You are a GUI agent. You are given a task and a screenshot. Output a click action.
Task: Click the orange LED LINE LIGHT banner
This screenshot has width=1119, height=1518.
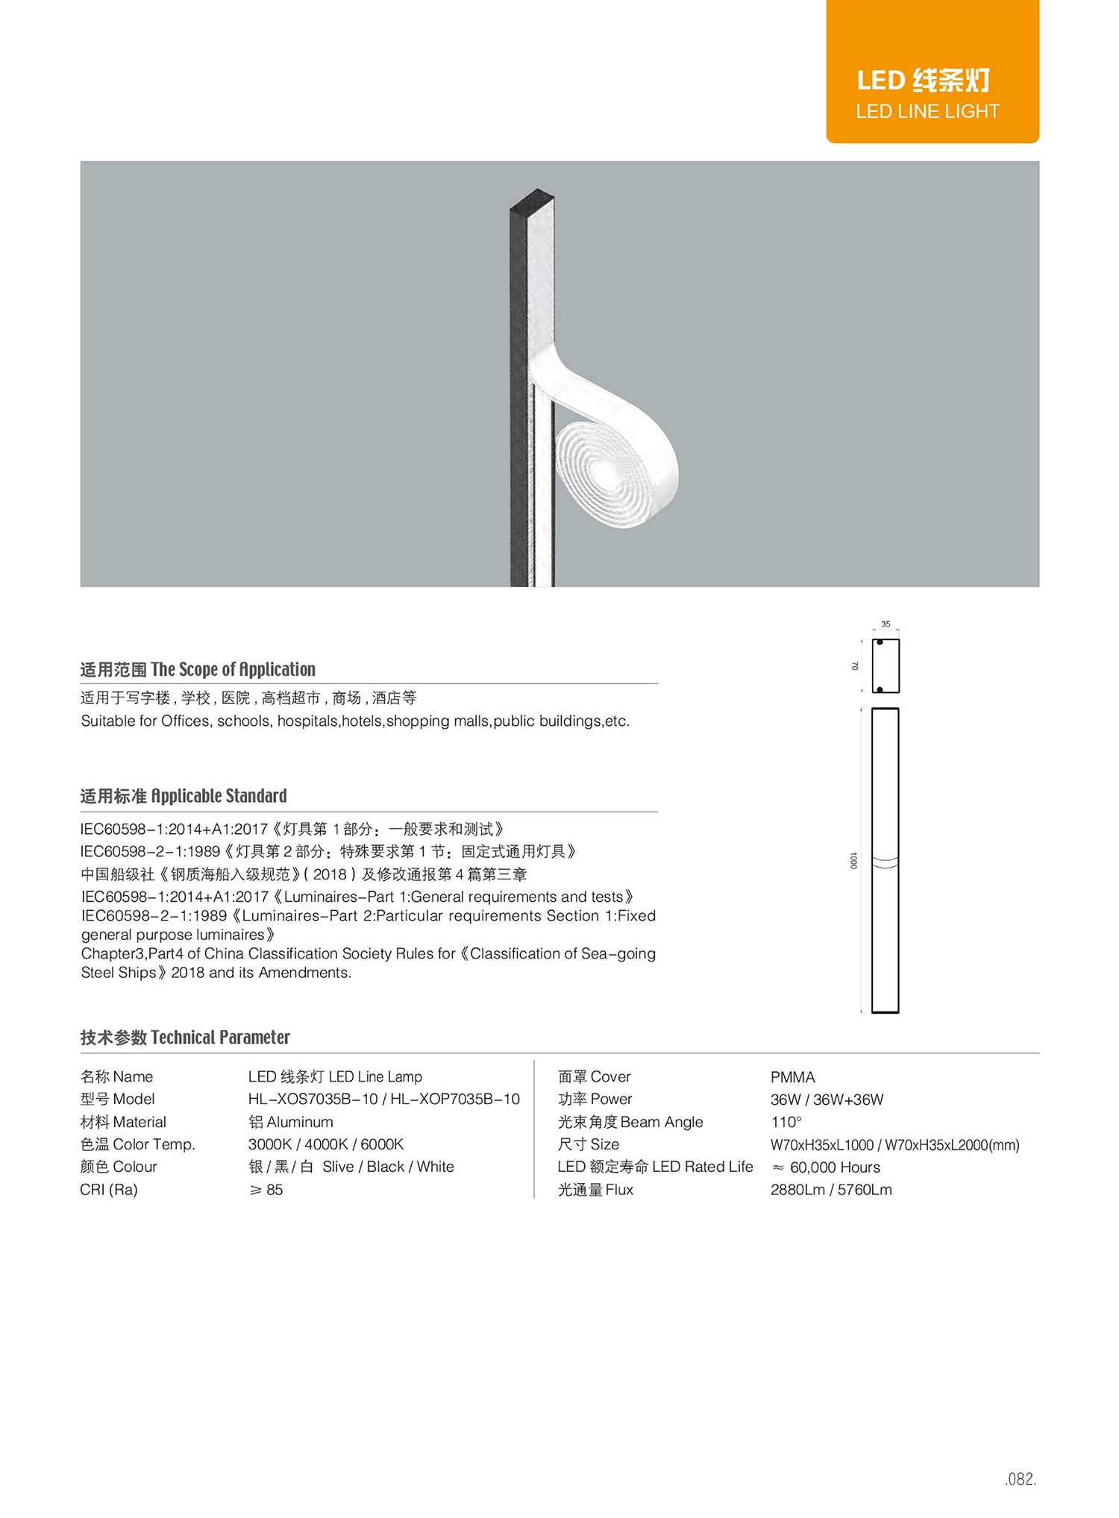932,72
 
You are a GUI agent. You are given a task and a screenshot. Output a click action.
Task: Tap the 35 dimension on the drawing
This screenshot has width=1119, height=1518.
886,624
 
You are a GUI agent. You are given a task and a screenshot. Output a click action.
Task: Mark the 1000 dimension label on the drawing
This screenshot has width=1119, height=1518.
853,860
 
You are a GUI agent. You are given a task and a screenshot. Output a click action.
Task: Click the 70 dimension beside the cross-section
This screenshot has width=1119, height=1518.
855,665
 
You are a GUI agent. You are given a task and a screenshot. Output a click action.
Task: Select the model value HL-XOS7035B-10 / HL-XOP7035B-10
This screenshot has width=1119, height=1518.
383,1099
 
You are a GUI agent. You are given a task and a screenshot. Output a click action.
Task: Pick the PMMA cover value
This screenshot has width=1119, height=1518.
792,1077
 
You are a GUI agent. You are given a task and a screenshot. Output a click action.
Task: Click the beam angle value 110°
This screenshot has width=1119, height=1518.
786,1122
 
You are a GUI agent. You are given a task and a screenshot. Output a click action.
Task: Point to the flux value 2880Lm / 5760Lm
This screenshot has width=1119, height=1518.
830,1190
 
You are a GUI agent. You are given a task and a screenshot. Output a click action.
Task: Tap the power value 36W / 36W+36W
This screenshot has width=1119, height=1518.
827,1100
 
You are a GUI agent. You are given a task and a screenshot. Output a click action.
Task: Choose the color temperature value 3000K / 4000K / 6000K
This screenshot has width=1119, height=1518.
325,1144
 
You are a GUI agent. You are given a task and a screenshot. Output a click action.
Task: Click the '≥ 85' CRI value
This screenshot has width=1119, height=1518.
266,1190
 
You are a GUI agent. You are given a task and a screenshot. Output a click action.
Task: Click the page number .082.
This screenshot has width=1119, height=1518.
1020,1479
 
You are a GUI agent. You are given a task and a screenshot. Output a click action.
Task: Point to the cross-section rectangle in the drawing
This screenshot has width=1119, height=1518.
886,665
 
